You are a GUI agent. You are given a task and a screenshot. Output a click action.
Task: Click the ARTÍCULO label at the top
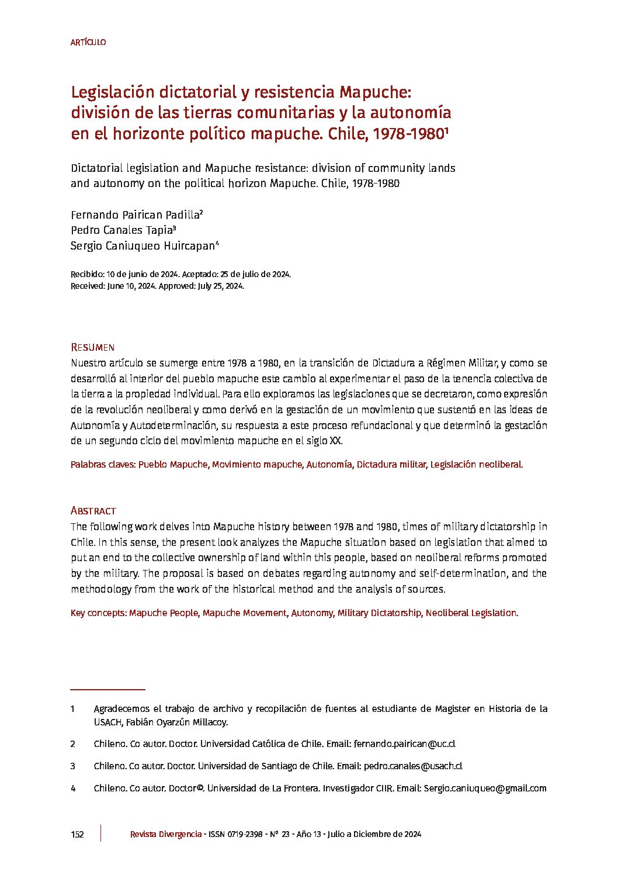click(88, 43)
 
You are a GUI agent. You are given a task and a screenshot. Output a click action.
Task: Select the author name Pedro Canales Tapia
click(121, 230)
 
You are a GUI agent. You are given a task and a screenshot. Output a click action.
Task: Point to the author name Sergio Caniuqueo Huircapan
click(143, 246)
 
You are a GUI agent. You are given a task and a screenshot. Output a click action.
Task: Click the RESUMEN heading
click(92, 347)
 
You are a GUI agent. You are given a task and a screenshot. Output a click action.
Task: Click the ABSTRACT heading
click(93, 511)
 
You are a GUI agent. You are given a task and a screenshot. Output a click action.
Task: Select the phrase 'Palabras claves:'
click(103, 465)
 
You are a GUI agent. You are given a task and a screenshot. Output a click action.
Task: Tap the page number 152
click(77, 834)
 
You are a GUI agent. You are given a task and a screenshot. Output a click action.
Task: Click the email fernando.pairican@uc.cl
click(404, 744)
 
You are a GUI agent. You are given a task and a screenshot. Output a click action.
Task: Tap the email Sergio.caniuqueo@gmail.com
click(485, 788)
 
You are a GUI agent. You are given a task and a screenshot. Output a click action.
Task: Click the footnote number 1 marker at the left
click(73, 709)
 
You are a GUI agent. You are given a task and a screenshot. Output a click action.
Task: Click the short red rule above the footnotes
click(107, 690)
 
